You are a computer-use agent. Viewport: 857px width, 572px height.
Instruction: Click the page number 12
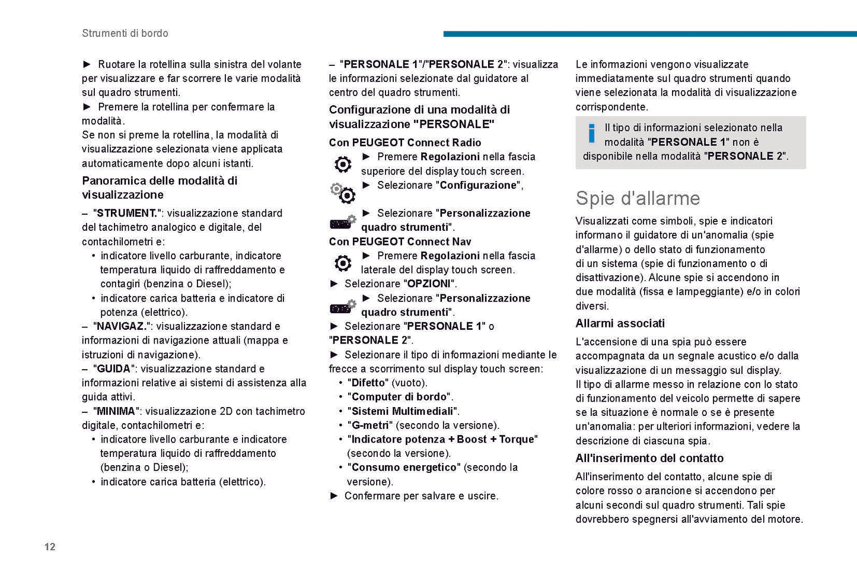pyautogui.click(x=50, y=546)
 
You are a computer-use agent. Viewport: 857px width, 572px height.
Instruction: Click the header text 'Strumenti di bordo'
pyautogui.click(x=125, y=33)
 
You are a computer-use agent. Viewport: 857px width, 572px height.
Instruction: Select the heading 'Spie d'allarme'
pyautogui.click(x=638, y=198)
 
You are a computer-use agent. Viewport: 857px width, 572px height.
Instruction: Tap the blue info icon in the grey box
pyautogui.click(x=591, y=134)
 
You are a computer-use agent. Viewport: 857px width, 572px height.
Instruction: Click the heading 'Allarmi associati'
pyautogui.click(x=620, y=323)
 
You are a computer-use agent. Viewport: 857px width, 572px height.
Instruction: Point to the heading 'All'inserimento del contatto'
pyautogui.click(x=649, y=458)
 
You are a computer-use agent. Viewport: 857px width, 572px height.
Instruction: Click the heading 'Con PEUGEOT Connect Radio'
pyautogui.click(x=405, y=142)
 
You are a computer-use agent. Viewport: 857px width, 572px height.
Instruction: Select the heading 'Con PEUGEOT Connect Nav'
pyautogui.click(x=400, y=241)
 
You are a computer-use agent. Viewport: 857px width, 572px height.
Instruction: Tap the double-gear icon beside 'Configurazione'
pyautogui.click(x=343, y=192)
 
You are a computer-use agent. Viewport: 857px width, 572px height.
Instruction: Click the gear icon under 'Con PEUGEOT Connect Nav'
pyautogui.click(x=343, y=263)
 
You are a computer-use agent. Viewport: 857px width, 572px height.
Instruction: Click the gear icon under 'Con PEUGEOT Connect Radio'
pyautogui.click(x=343, y=164)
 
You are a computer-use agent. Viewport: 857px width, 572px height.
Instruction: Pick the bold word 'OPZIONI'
pyautogui.click(x=429, y=284)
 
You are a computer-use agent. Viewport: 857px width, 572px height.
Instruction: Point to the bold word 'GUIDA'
pyautogui.click(x=113, y=368)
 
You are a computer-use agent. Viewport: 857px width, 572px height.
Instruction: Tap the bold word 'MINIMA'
pyautogui.click(x=116, y=411)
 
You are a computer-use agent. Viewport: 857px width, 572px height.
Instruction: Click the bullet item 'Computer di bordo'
pyautogui.click(x=400, y=397)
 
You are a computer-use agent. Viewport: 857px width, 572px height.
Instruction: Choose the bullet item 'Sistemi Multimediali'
pyautogui.click(x=403, y=411)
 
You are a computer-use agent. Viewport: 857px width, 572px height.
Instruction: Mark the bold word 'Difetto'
pyautogui.click(x=368, y=383)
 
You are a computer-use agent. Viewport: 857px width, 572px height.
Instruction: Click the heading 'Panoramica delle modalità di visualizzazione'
pyautogui.click(x=160, y=188)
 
